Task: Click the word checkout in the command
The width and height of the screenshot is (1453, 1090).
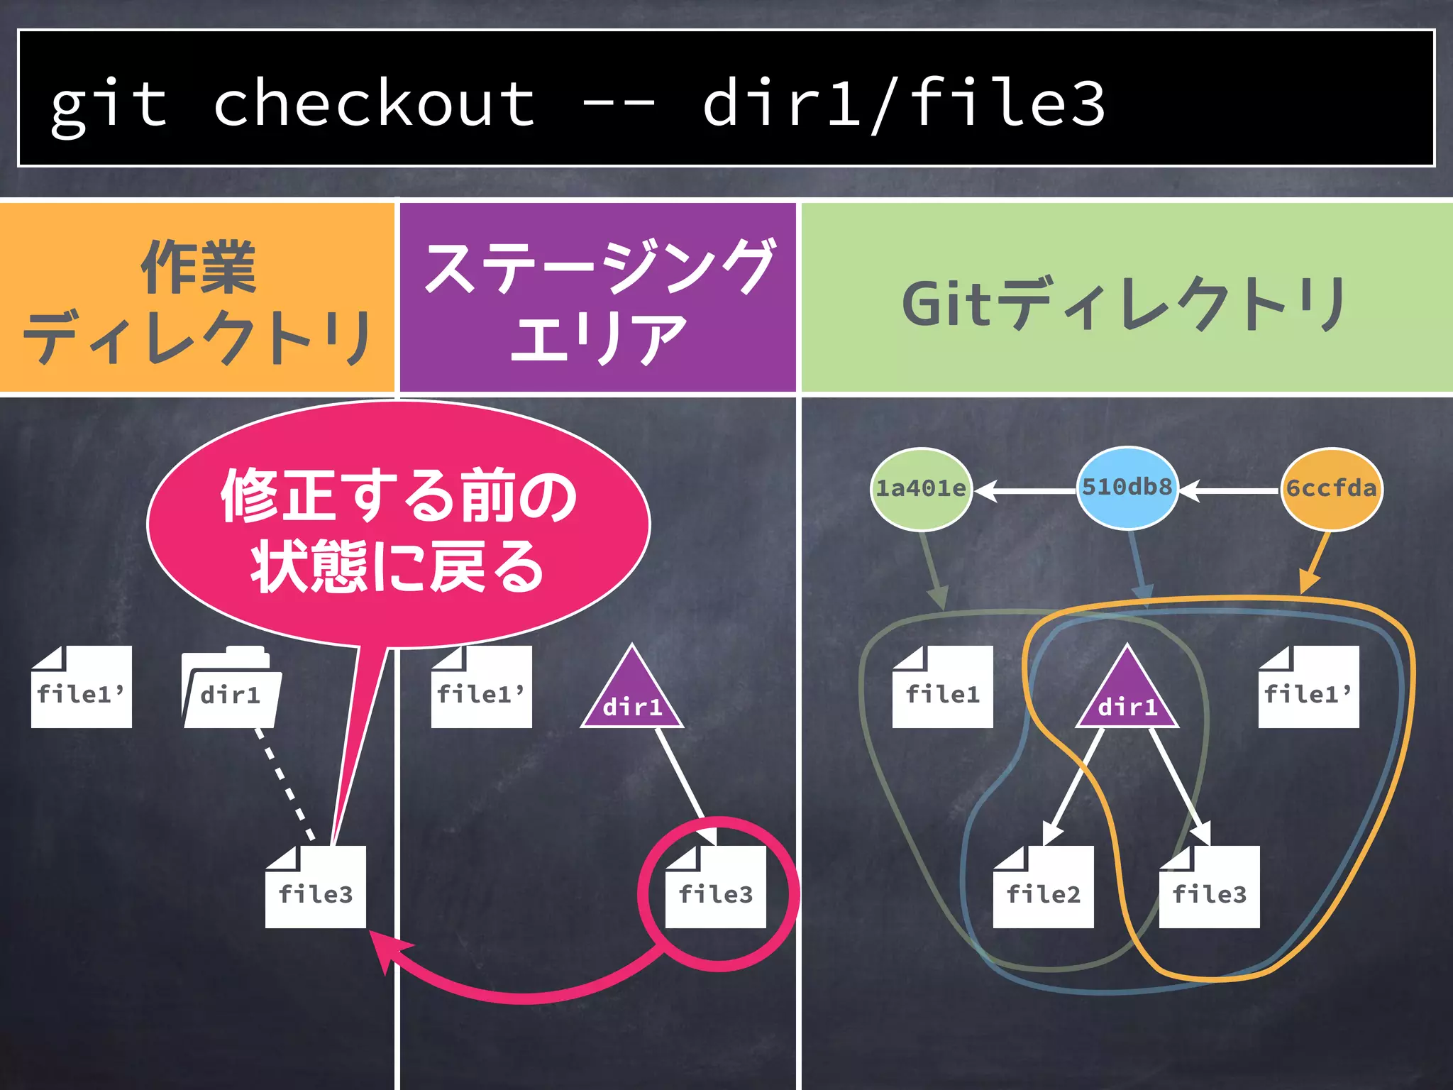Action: [374, 104]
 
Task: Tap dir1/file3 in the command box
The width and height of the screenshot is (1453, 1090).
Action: [903, 104]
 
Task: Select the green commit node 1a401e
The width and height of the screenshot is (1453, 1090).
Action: [921, 488]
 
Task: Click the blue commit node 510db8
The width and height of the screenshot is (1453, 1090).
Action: [1127, 488]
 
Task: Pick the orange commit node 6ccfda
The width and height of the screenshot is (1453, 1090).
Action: [1331, 488]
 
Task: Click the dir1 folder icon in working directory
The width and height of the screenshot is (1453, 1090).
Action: [230, 688]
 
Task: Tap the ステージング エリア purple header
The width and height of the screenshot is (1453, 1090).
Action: [597, 298]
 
